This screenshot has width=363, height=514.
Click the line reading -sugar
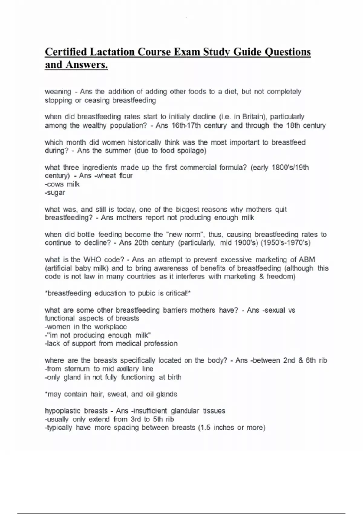pos(55,193)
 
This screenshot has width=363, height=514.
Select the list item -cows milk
pos(62,184)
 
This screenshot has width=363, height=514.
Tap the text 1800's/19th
pos(290,168)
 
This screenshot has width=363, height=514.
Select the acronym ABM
pos(307,260)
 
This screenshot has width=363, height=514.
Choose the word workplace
pos(111,327)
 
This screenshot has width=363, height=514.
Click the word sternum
pos(77,369)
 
